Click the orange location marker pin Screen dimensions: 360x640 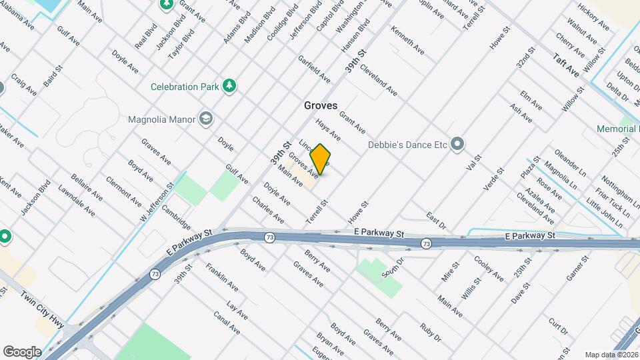coord(321,159)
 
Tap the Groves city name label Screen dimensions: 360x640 coord(321,105)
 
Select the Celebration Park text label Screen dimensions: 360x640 coord(184,87)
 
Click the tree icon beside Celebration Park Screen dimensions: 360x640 coord(229,86)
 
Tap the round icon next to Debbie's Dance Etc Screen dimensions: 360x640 coord(457,144)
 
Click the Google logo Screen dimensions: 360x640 coord(22,351)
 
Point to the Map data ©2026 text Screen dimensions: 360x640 coord(611,355)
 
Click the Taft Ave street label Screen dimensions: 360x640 coord(566,67)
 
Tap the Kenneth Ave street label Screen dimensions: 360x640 coord(407,40)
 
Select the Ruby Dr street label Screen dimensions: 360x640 coord(430,333)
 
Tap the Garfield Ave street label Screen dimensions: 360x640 coord(314,69)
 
